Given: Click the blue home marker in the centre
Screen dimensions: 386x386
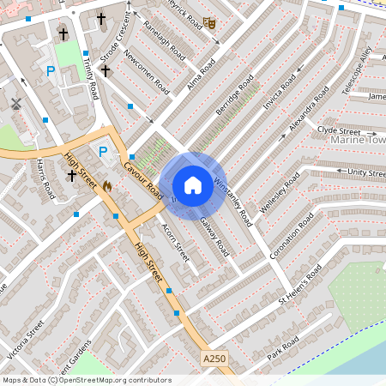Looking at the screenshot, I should click(193, 184).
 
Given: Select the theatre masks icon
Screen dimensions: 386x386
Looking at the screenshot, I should click(210, 24).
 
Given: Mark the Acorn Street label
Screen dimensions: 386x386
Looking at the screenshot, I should click(175, 243).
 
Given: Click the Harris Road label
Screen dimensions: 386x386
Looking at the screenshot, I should click(45, 178).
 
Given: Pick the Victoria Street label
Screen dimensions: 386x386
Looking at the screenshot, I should click(24, 340).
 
